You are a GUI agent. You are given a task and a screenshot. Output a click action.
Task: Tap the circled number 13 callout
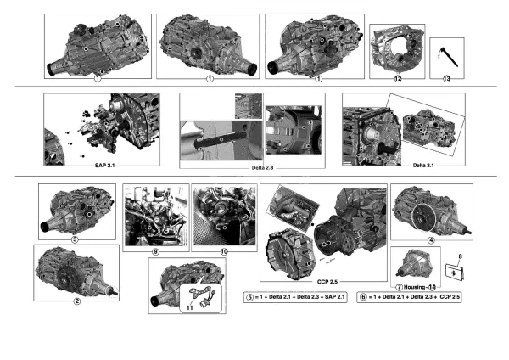click(447, 78)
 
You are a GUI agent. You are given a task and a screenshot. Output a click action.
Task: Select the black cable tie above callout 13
click(445, 57)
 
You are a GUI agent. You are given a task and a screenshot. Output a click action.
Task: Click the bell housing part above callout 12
click(395, 50)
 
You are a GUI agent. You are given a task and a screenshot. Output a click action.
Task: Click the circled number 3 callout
click(76, 239)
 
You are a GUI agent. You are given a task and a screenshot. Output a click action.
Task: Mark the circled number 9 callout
click(154, 252)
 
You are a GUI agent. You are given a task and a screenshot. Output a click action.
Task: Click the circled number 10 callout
click(224, 252)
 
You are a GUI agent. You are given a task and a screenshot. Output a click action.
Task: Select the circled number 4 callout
click(431, 239)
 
